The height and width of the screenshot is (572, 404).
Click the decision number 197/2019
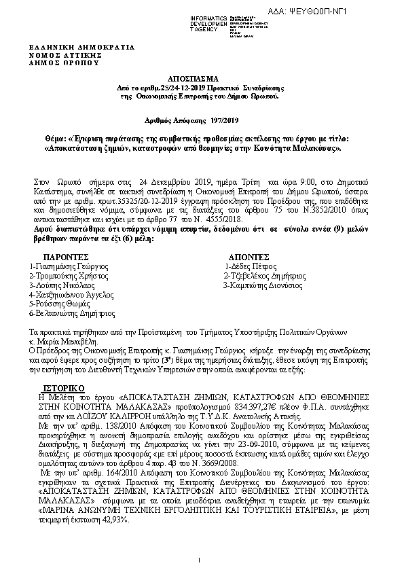(227, 121)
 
